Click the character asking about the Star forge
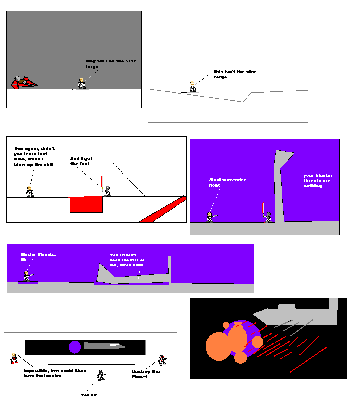(x=82, y=84)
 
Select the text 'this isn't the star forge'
(x=235, y=74)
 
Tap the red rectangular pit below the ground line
(x=86, y=204)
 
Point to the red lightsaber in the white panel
(x=102, y=183)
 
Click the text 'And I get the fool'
(x=81, y=161)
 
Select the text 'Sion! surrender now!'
(x=227, y=182)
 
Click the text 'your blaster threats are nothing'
(x=318, y=181)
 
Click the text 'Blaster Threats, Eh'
(x=38, y=257)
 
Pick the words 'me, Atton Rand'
(x=127, y=265)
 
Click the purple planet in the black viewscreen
(x=75, y=347)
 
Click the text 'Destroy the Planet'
(x=146, y=374)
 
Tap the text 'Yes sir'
(x=89, y=395)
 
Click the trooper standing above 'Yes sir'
(x=101, y=375)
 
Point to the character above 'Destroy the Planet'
(x=162, y=360)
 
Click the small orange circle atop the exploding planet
(x=226, y=325)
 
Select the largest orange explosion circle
(x=219, y=346)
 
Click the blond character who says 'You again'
(x=30, y=192)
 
